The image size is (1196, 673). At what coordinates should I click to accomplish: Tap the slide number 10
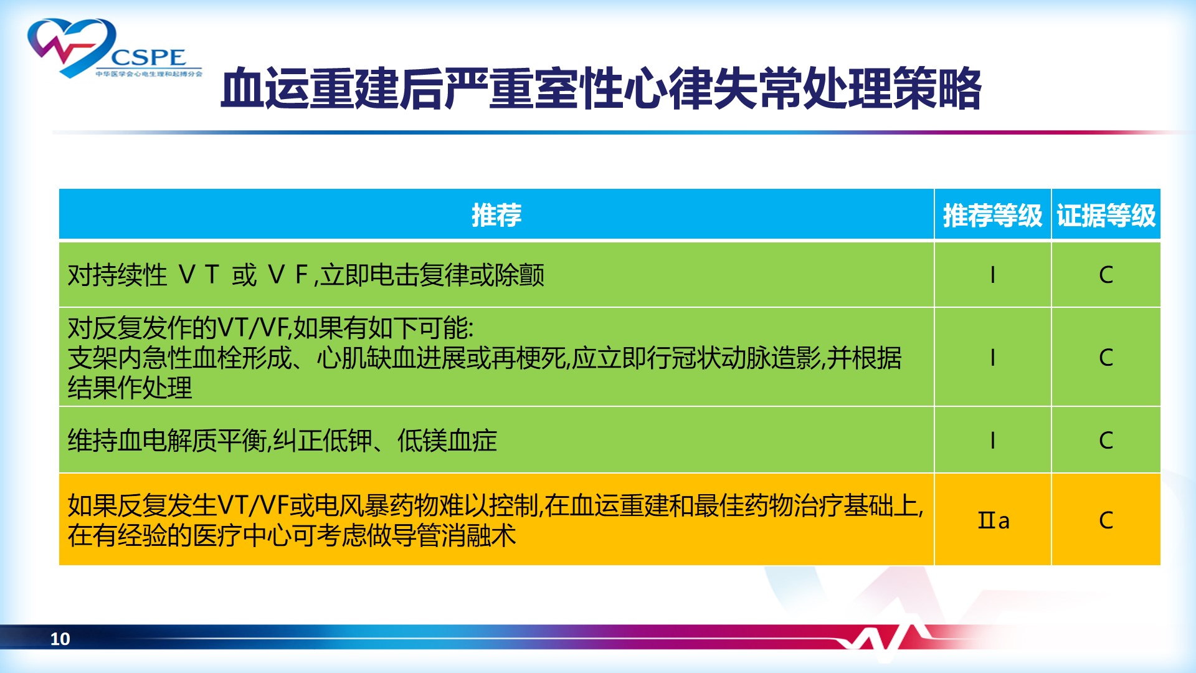tap(60, 639)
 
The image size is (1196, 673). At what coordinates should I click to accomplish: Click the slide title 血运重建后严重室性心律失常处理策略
tap(601, 89)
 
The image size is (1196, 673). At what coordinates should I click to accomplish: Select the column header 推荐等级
tap(992, 216)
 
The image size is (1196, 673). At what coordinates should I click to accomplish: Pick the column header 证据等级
tap(1106, 216)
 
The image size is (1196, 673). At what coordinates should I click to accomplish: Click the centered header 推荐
tap(496, 216)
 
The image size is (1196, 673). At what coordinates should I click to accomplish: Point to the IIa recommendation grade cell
tap(994, 520)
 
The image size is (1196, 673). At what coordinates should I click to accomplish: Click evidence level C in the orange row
tap(1106, 520)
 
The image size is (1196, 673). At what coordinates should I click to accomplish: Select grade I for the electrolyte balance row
tap(992, 441)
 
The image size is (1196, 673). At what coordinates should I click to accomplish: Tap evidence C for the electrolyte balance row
tap(1106, 441)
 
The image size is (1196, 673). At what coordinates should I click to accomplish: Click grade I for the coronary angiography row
tap(992, 358)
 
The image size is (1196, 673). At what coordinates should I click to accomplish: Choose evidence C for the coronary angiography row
tap(1106, 358)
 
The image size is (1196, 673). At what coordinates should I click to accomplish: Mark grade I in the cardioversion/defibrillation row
tap(992, 275)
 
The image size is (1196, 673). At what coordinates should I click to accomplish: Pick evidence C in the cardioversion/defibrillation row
tap(1106, 275)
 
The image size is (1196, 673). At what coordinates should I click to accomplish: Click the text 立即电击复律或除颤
tap(432, 275)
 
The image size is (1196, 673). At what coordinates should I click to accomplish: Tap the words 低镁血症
tap(447, 441)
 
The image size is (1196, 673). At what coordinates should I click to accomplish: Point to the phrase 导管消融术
tap(454, 535)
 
